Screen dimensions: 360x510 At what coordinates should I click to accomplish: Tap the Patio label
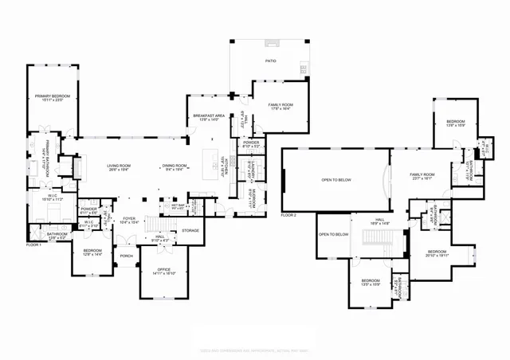click(x=271, y=60)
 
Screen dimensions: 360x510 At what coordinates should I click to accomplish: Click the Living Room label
click(x=120, y=166)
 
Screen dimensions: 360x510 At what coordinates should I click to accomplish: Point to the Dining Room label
click(x=174, y=166)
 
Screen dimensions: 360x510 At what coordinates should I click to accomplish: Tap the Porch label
click(x=126, y=256)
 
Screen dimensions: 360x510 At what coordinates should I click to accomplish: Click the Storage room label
click(x=190, y=231)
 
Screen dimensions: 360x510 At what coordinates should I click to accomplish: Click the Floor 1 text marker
click(x=33, y=245)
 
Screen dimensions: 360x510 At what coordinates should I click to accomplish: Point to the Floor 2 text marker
click(x=288, y=215)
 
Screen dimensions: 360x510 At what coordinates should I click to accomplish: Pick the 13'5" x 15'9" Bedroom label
click(x=370, y=282)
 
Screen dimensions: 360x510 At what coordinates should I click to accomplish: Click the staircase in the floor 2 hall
click(x=381, y=245)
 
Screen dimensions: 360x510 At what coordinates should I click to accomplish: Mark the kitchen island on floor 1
click(x=212, y=162)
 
